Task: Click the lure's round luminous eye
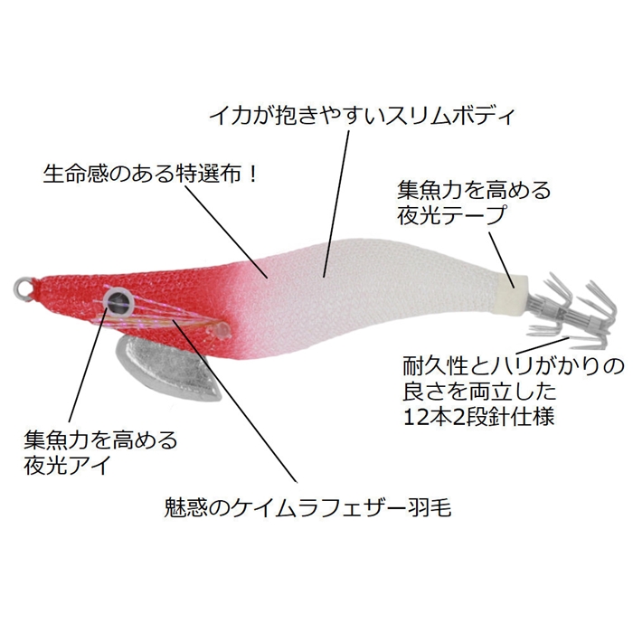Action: coord(118,300)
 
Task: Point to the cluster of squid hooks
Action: coord(573,312)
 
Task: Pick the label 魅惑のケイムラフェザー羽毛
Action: coord(307,507)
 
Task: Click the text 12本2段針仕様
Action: coord(478,417)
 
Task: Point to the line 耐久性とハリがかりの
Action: coord(513,366)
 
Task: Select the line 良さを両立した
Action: coord(479,392)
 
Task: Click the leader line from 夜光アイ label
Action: coord(88,364)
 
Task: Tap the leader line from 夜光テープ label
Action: coord(501,260)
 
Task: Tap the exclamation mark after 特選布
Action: coord(252,174)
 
